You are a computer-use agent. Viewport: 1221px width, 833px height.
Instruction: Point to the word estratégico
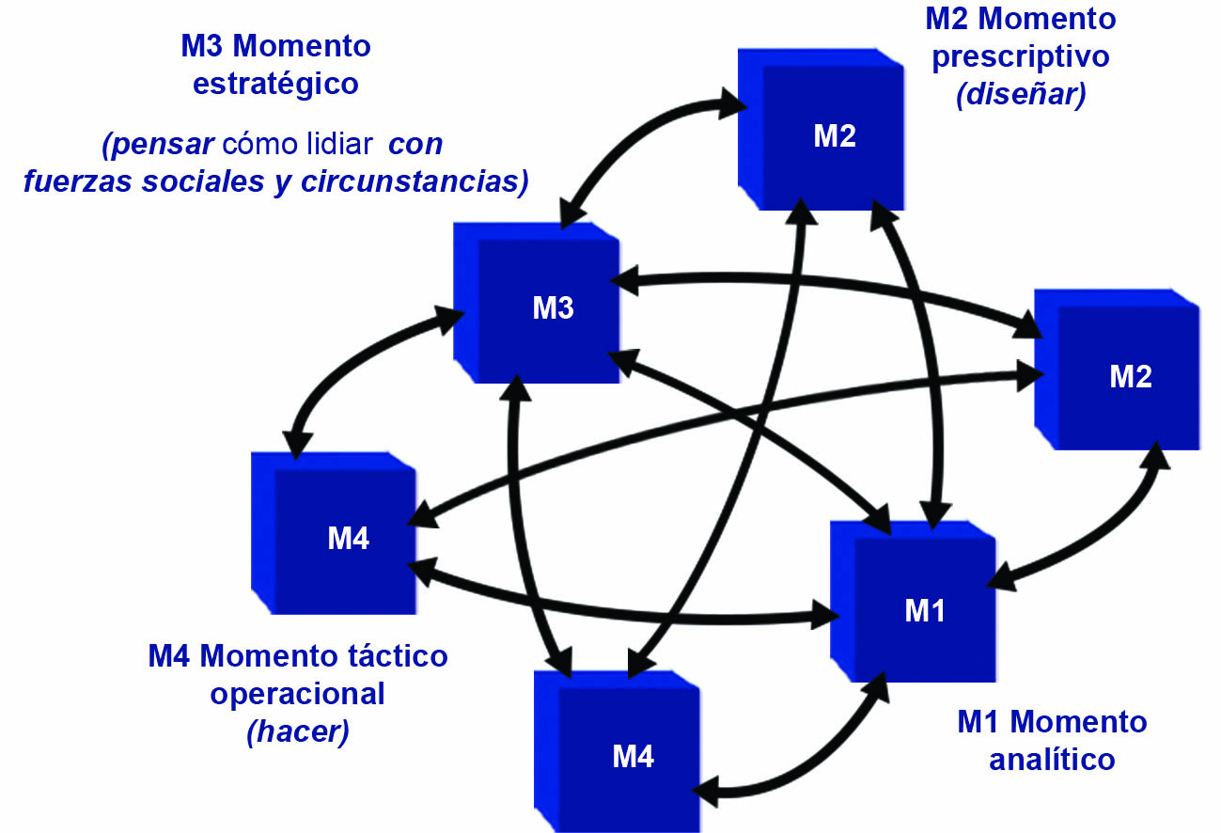pyautogui.click(x=275, y=84)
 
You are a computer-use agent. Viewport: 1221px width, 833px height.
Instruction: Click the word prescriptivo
pyautogui.click(x=1020, y=56)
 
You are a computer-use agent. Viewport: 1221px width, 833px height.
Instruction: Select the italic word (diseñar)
pyautogui.click(x=1021, y=96)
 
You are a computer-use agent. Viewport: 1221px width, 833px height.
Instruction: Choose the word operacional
pyautogui.click(x=297, y=694)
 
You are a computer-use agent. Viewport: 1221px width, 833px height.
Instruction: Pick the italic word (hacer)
pyautogui.click(x=298, y=732)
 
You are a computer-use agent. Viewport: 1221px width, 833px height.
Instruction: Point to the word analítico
pyautogui.click(x=1052, y=759)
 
